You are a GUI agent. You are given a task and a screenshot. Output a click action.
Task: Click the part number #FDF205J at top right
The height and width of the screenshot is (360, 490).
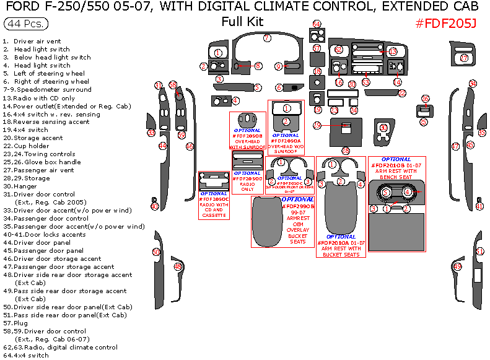click(445, 23)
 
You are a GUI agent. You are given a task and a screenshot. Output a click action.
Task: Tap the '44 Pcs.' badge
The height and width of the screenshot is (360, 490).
click(24, 24)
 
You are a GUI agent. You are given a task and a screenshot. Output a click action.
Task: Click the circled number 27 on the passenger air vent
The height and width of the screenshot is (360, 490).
click(464, 58)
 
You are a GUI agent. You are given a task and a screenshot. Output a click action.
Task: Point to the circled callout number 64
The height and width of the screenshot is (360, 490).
click(317, 24)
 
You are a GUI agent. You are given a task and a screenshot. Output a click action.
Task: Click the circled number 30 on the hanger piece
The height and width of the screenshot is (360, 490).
click(383, 128)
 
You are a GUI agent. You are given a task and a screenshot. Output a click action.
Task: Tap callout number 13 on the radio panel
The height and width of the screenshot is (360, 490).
click(393, 51)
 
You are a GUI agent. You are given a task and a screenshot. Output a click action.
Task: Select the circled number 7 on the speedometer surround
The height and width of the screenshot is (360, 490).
click(267, 38)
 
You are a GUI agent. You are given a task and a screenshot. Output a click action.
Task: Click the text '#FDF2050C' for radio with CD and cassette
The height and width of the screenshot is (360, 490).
click(213, 199)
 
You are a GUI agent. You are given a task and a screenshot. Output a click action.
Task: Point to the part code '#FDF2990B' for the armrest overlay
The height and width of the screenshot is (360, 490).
click(299, 206)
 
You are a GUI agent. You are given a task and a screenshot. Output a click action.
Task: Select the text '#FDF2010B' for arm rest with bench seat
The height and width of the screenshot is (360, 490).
click(388, 165)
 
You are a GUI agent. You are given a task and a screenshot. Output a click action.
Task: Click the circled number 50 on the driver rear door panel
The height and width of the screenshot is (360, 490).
click(156, 252)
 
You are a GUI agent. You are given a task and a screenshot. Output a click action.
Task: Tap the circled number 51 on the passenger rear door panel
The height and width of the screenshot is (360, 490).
click(480, 251)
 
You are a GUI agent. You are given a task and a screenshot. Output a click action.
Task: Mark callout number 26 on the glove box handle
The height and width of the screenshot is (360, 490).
click(425, 99)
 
